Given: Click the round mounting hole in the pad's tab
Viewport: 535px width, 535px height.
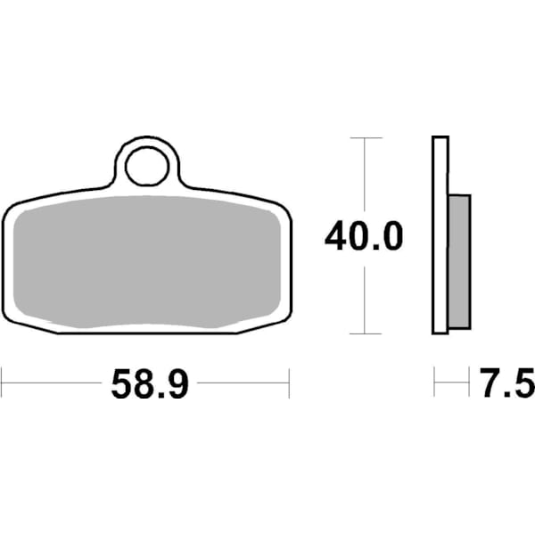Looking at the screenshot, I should click(148, 167).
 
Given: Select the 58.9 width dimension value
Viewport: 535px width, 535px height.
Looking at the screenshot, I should click(149, 385).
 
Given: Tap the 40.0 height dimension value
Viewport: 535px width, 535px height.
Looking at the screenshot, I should click(364, 237).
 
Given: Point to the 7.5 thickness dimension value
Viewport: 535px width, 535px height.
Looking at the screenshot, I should click(506, 385).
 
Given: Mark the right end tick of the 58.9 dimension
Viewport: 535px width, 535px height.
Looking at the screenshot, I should click(290, 385).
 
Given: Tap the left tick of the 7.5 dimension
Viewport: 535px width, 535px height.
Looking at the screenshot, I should click(435, 385).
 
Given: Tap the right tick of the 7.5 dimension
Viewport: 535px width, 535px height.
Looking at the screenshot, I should click(469, 385).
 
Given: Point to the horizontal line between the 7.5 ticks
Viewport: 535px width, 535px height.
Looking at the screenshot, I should click(452, 385).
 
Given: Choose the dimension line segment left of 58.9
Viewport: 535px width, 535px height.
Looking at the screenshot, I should click(53, 385).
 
